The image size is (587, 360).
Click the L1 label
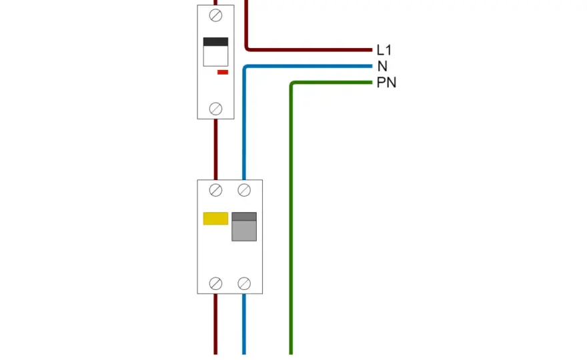384,50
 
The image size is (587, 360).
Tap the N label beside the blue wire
382,66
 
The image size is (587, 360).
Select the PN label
386,82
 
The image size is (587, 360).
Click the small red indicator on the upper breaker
223,72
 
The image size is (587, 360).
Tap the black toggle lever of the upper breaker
215,41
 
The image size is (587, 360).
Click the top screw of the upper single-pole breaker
215,16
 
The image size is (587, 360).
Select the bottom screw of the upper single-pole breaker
215,109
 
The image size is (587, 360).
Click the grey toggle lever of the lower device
244,227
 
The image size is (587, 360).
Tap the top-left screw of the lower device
215,190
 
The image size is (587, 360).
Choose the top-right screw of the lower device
244,190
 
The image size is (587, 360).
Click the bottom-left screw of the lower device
215,283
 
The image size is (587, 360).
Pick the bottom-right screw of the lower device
244,283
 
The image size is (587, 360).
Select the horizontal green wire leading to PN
332,82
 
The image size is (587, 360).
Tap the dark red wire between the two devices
215,149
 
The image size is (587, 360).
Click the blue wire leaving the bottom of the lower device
244,324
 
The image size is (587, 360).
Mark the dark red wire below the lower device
215,324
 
